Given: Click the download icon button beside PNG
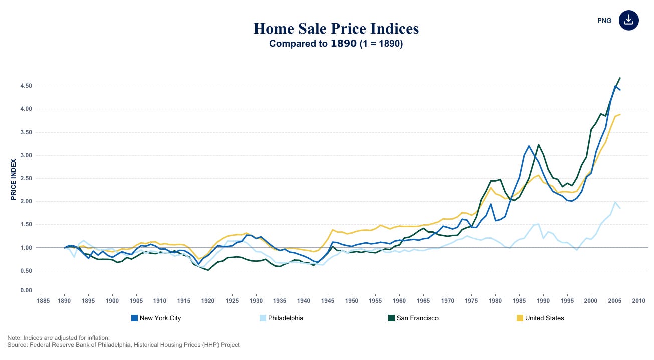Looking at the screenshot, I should tap(629, 21).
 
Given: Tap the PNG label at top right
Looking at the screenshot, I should tap(604, 21).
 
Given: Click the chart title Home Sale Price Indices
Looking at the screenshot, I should tap(336, 29).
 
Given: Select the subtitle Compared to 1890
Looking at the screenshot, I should tap(336, 44).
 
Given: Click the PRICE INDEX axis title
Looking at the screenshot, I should tap(14, 180).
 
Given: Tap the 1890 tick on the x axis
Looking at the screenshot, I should tap(64, 301).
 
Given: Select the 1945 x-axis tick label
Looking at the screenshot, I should tap(328, 301).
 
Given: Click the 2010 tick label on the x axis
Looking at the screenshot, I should tap(638, 301).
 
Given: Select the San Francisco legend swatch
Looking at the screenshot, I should tap(392, 318).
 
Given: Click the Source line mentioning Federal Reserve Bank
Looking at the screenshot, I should tap(123, 345).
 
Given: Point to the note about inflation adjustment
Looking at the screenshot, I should tap(58, 338).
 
